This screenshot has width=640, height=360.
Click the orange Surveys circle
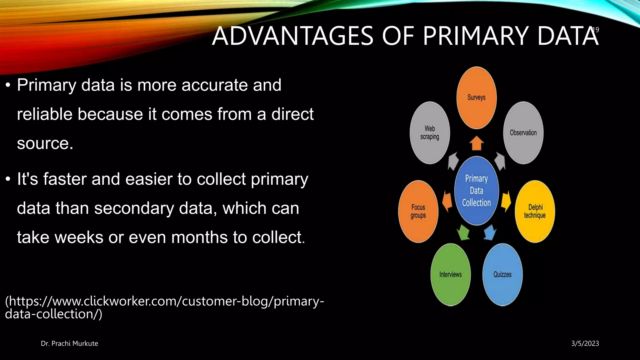tap(476, 97)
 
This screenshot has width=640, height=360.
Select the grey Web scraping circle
tap(430, 132)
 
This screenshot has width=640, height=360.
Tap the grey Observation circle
tap(523, 132)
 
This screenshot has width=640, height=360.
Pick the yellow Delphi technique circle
tap(535, 211)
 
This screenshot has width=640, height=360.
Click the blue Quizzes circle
tap(502, 274)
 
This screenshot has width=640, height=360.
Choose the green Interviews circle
tap(450, 274)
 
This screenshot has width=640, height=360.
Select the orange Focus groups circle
tap(418, 211)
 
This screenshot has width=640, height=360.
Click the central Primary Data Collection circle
tap(476, 191)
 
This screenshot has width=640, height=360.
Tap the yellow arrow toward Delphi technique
tap(506, 201)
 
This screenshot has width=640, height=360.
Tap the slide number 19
tap(596, 30)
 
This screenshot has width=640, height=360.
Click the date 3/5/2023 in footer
tap(585, 343)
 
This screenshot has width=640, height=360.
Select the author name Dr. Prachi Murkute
tap(69, 343)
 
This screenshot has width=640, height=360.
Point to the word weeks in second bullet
tap(79, 237)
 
